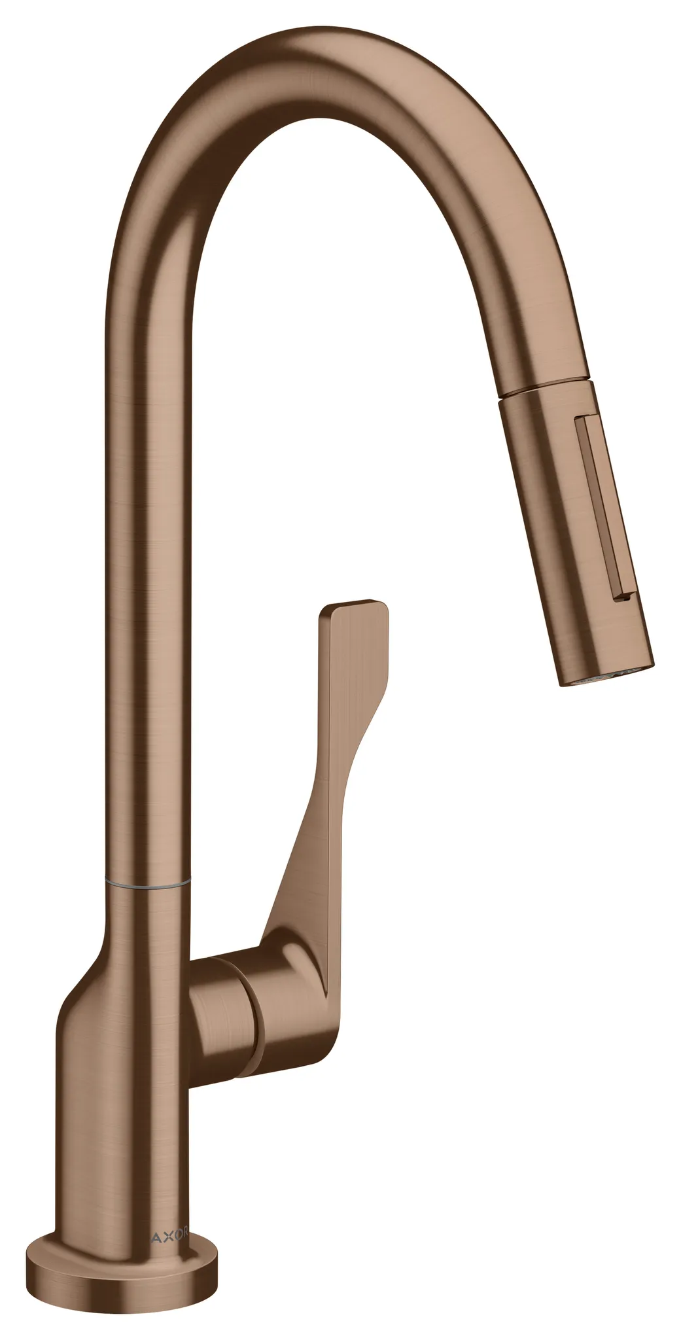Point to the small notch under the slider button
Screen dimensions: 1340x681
(623, 595)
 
